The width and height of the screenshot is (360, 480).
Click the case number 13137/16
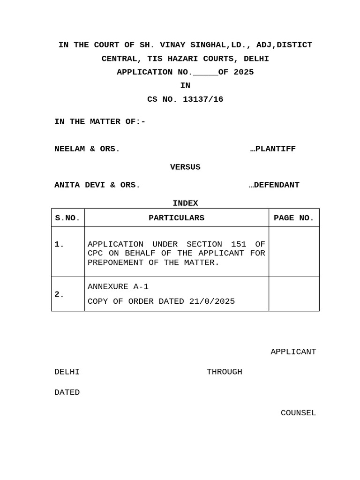point(203,99)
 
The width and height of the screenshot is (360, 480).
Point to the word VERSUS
point(185,167)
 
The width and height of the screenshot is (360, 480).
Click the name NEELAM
point(69,149)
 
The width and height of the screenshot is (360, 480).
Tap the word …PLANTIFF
point(273,149)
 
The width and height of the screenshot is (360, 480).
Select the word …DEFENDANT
point(274,185)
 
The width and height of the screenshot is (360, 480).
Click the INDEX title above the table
point(185,203)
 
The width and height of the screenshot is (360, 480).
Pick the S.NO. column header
point(67,218)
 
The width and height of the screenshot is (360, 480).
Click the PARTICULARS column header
point(176,218)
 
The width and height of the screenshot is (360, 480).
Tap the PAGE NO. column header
point(294,218)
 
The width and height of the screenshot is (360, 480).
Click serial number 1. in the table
point(60,244)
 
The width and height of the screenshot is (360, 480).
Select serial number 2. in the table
point(60,294)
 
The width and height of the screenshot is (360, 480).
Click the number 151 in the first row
point(239,244)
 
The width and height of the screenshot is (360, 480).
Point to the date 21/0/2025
point(212,301)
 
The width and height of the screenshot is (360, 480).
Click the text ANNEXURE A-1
point(118,287)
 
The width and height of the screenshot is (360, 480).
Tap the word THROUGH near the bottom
point(225,372)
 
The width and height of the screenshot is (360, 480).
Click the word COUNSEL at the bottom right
point(298,413)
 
